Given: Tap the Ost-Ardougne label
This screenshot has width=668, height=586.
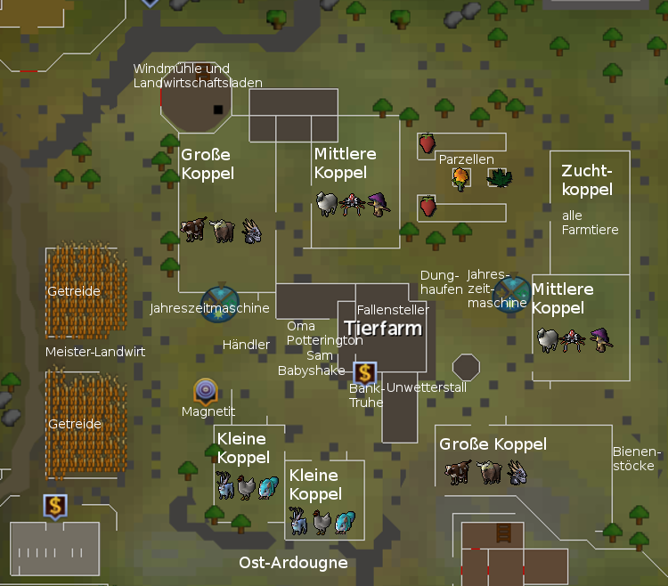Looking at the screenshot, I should click(293, 563).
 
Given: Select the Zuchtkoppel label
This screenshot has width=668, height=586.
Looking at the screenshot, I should click(587, 180).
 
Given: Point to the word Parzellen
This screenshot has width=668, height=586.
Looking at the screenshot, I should click(466, 159).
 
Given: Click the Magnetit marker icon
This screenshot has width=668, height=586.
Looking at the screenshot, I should click(206, 389).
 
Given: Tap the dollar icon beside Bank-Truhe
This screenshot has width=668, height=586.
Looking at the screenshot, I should click(364, 373).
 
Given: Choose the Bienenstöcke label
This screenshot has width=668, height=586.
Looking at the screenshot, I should click(633, 460).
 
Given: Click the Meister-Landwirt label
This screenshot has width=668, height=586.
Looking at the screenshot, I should click(95, 353).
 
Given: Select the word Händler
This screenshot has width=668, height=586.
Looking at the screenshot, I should click(246, 345).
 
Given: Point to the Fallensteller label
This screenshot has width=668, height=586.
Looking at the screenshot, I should click(392, 310).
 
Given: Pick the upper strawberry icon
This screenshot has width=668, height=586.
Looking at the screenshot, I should click(428, 142).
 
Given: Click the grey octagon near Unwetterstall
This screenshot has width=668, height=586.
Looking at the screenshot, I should click(466, 367).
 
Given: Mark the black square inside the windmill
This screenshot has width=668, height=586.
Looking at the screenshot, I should click(218, 110).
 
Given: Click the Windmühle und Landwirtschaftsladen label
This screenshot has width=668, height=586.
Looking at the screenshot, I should click(198, 76).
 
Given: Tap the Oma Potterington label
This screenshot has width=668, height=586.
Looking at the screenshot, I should click(324, 333).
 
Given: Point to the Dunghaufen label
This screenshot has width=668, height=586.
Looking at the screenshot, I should click(441, 281).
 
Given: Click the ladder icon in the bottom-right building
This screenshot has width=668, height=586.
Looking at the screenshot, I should click(502, 533).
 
